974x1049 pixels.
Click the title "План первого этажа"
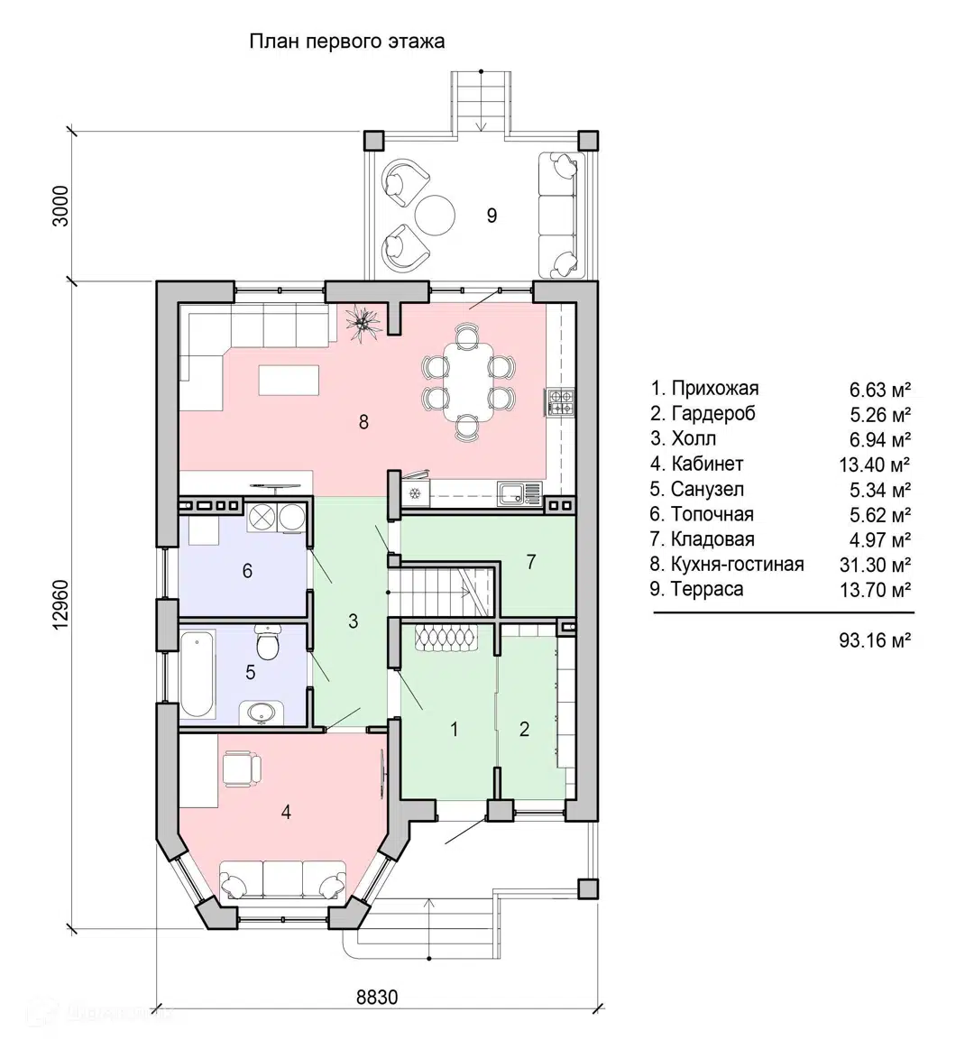click(346, 41)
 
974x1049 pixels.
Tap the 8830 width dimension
click(377, 997)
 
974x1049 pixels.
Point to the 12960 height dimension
click(60, 603)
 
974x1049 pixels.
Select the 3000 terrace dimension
click(60, 206)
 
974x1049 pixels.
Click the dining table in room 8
click(468, 382)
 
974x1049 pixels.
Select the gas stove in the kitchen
click(561, 401)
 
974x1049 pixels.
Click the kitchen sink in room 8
click(519, 493)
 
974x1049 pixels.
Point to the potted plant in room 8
click(363, 323)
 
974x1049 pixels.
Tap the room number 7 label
click(530, 562)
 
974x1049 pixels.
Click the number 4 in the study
click(286, 812)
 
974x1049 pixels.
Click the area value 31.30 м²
click(875, 566)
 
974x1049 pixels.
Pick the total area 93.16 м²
click(875, 641)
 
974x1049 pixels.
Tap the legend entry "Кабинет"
click(706, 464)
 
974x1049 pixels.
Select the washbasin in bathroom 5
click(261, 713)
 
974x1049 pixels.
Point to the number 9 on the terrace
click(492, 216)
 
